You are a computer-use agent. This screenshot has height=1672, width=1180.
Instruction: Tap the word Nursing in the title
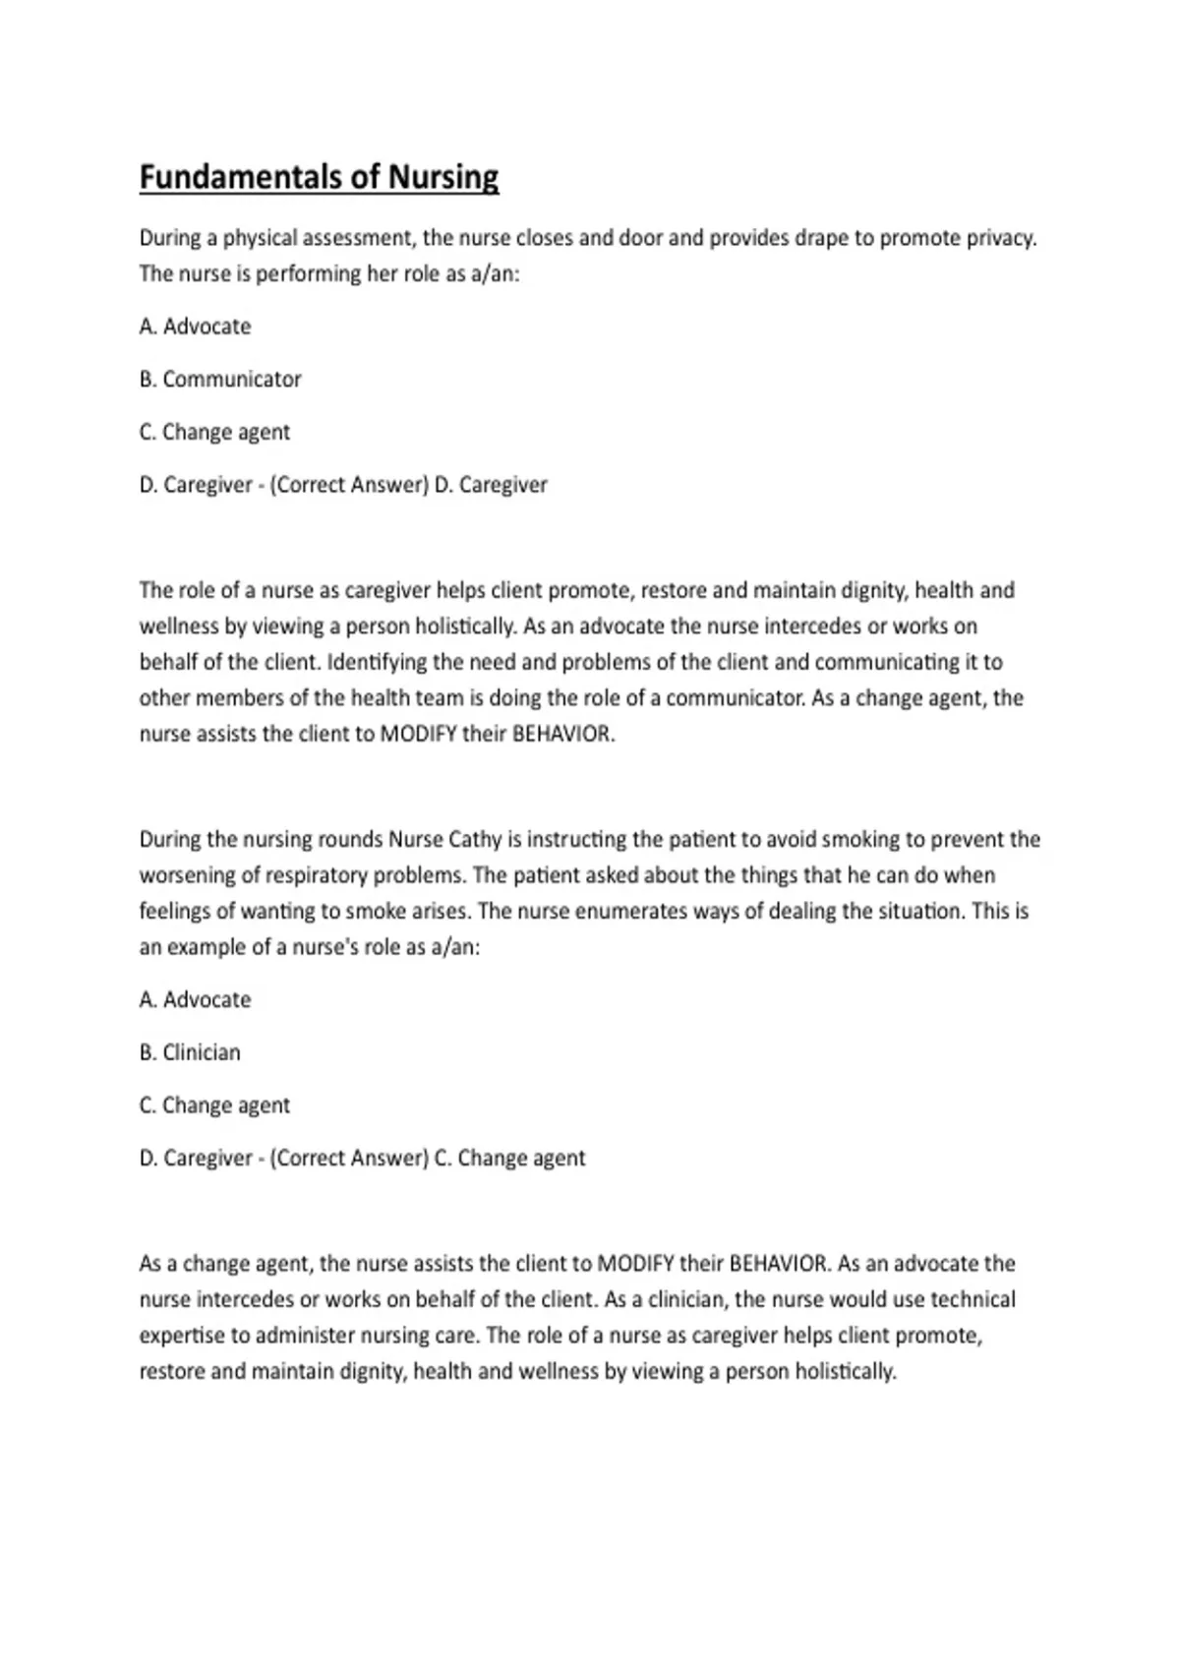point(443,177)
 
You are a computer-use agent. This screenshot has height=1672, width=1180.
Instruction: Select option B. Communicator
point(220,380)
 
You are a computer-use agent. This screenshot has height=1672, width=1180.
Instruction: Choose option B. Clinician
point(190,1052)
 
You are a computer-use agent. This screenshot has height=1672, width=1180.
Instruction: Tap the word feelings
point(174,912)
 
